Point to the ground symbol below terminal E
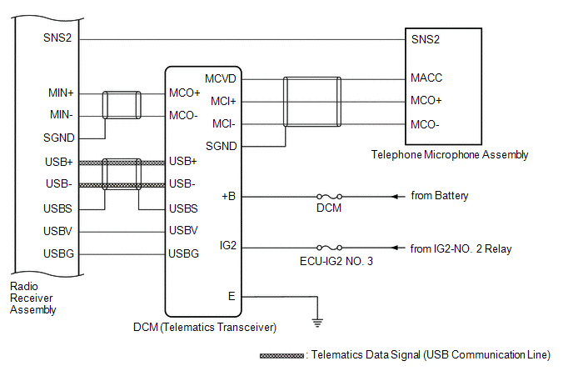click(x=316, y=321)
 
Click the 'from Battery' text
click(x=440, y=196)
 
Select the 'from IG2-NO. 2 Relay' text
click(x=461, y=248)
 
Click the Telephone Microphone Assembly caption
click(x=450, y=155)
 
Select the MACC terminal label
click(x=426, y=78)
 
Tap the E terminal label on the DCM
click(x=232, y=295)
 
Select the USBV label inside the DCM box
click(x=183, y=230)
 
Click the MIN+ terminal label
click(x=62, y=93)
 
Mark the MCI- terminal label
click(x=222, y=124)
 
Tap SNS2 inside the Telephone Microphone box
click(x=425, y=39)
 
